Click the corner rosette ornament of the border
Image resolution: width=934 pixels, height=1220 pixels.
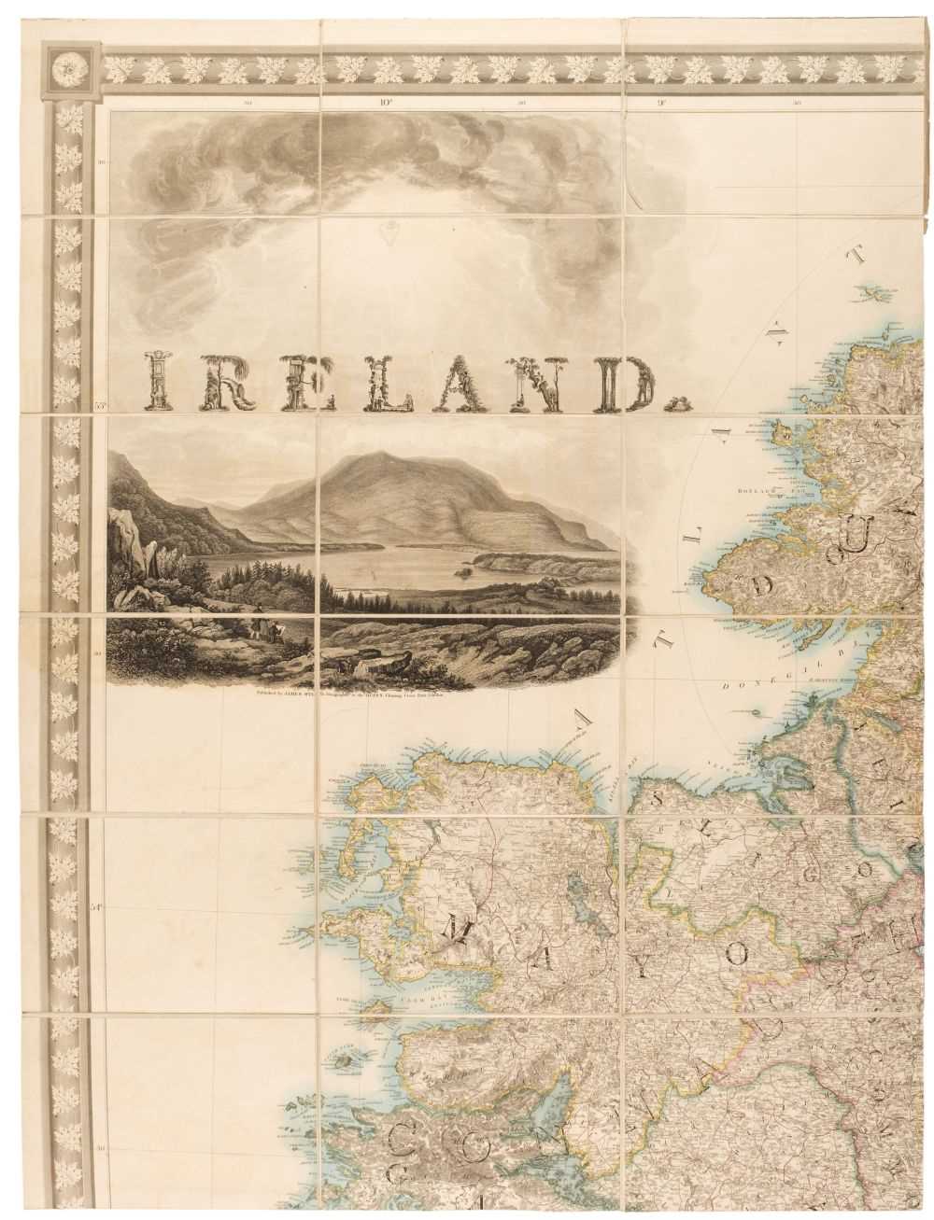pos(69,67)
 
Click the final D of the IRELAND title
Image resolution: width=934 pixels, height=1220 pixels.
pos(649,384)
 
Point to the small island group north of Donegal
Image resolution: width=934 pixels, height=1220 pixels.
pos(876,295)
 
